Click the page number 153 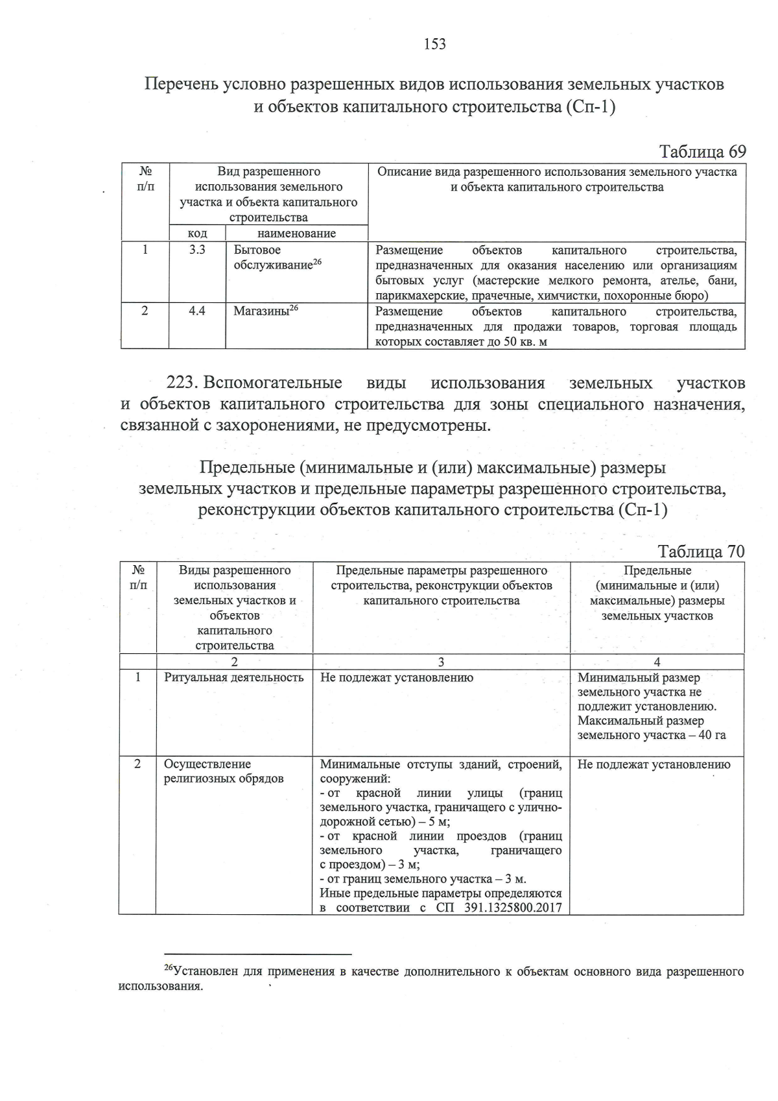tap(434, 44)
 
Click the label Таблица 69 tap(702, 152)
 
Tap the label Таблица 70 tap(701, 551)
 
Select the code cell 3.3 tap(197, 250)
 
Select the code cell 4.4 tap(197, 311)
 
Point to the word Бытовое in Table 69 tap(257, 250)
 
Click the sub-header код tap(197, 234)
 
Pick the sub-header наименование tap(296, 234)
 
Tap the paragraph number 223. tap(182, 383)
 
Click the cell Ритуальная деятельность tap(233, 677)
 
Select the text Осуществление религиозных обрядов tap(224, 771)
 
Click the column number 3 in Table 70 tap(441, 662)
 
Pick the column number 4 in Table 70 tap(657, 662)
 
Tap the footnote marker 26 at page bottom tap(168, 968)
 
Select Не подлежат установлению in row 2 tap(654, 764)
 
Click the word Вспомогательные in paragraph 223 tap(273, 383)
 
